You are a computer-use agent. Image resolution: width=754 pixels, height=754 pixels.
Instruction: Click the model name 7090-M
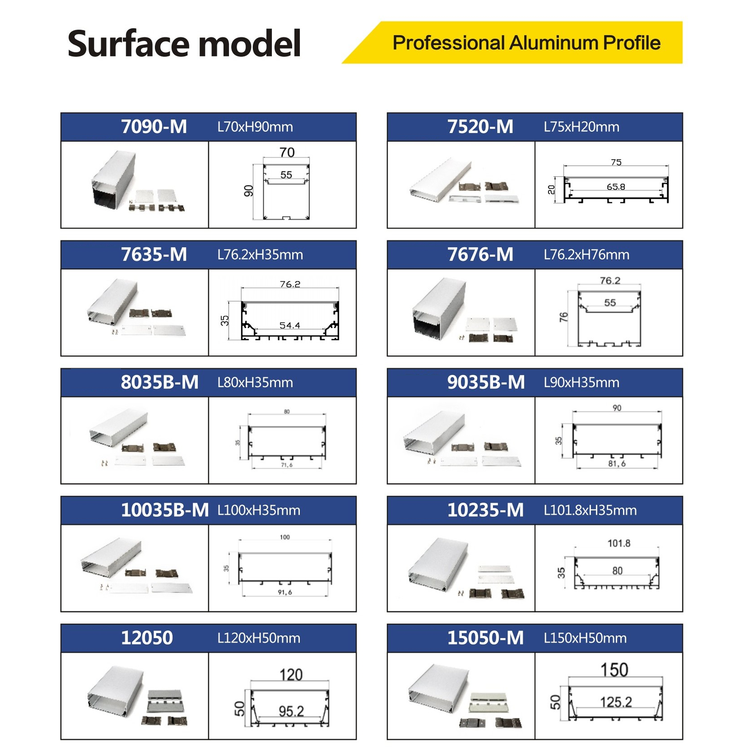point(154,127)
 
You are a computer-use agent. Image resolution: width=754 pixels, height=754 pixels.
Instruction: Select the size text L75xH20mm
point(581,127)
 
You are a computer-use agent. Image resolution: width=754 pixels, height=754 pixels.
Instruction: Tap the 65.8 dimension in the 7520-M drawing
point(616,187)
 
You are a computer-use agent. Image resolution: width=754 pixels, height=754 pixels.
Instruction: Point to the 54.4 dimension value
point(290,325)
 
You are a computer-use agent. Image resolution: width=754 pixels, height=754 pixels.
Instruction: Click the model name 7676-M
point(480,255)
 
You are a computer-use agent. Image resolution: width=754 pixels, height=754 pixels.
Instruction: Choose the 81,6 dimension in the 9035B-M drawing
point(617,464)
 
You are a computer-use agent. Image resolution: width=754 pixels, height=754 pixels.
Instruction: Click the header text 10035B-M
point(165,510)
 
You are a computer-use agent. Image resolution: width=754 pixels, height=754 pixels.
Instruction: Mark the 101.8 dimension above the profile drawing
point(619,543)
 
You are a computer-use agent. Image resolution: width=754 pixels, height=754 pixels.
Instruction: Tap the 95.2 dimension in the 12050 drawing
point(291,711)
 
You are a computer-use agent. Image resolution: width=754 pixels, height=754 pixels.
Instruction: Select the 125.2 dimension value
point(616,702)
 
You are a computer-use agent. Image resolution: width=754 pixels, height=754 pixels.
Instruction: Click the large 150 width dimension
point(614,670)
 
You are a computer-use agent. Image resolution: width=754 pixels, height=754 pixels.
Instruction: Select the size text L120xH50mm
point(259,638)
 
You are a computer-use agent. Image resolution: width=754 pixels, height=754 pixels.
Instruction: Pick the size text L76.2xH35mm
point(260,255)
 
